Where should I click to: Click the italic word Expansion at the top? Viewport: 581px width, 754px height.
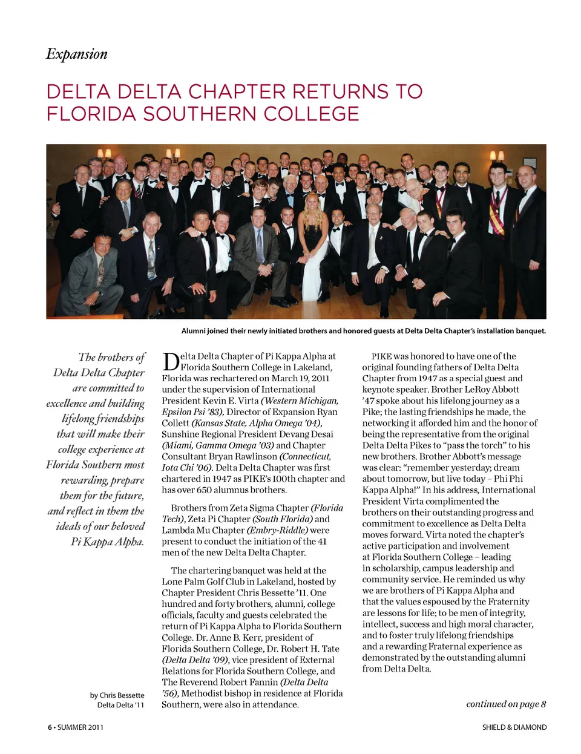(77, 54)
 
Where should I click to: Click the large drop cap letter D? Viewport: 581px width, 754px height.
(170, 362)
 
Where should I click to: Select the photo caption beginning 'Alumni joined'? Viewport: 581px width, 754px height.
(363, 331)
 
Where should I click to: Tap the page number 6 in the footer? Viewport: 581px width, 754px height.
(50, 727)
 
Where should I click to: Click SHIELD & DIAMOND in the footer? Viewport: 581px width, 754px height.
(514, 727)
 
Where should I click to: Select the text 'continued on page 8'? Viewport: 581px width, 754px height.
(506, 704)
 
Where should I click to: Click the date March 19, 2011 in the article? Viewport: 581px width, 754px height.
(300, 378)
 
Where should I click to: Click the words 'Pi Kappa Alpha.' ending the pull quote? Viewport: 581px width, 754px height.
(107, 542)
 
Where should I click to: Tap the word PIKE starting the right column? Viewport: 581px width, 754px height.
(381, 356)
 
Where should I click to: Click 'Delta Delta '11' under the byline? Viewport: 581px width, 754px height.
(120, 705)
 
